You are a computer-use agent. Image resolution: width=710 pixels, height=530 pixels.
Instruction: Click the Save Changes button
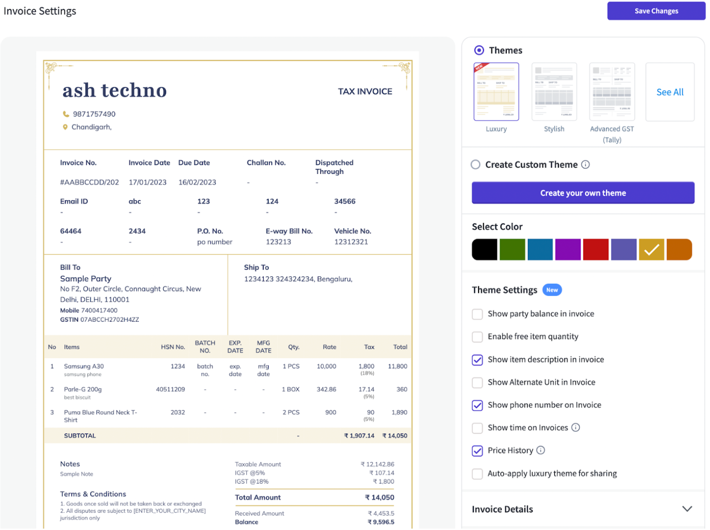pos(656,11)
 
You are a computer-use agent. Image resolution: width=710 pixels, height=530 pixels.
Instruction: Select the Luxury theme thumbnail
pos(496,92)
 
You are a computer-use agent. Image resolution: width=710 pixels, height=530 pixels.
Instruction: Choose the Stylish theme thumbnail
pos(554,92)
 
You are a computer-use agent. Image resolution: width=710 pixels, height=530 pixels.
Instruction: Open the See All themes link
pos(670,92)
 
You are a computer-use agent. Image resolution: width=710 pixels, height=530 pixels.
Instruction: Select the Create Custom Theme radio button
pos(476,165)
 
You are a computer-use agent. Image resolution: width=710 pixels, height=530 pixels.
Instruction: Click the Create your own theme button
pos(583,193)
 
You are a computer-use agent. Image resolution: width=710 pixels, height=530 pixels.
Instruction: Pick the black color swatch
pos(484,250)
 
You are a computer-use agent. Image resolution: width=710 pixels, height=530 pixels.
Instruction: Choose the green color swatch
pos(512,250)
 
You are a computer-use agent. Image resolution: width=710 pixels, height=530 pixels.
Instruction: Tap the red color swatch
pos(595,250)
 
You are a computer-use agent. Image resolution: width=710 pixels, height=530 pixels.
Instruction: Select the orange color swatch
pos(679,250)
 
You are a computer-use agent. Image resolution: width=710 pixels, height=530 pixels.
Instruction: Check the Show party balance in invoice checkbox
pos(477,314)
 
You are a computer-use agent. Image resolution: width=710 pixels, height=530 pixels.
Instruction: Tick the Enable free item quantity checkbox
pos(477,337)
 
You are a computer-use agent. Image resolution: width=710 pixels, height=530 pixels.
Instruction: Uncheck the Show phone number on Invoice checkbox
pos(477,405)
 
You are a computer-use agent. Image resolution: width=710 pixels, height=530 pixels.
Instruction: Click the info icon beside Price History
pos(541,450)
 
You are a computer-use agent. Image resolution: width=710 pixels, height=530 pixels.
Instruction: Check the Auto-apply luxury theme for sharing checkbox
pos(477,474)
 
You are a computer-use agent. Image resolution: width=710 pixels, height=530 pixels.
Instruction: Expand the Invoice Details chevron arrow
pos(687,509)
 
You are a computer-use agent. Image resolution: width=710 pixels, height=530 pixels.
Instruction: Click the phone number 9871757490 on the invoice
pos(94,114)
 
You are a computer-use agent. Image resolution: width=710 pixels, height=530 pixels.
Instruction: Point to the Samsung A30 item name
pos(84,366)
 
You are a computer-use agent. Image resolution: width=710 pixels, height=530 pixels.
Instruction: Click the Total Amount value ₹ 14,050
pos(380,498)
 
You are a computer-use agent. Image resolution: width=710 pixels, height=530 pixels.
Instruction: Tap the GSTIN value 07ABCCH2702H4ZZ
pos(110,320)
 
